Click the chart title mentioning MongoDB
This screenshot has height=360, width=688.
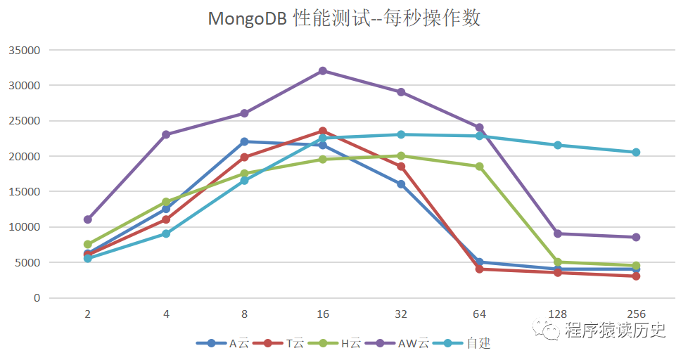pos(344,18)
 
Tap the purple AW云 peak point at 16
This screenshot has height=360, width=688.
pos(322,71)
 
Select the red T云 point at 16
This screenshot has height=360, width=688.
pos(322,131)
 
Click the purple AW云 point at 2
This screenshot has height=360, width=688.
pos(88,219)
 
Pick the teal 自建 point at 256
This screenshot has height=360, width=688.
pos(636,152)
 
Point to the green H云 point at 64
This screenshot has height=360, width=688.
pos(479,167)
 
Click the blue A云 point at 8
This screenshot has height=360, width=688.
pos(244,142)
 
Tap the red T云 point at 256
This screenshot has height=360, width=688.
pos(636,276)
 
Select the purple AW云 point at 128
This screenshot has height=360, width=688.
pos(558,233)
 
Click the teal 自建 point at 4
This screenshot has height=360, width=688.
pos(166,233)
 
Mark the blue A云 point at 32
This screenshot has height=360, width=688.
pos(401,184)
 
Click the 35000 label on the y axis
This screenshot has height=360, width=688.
pos(25,50)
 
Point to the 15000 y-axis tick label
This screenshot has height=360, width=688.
pos(25,191)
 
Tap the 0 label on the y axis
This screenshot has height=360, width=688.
pos(37,297)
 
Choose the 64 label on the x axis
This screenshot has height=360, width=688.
pos(479,314)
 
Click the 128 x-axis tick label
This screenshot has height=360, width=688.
pos(558,314)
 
